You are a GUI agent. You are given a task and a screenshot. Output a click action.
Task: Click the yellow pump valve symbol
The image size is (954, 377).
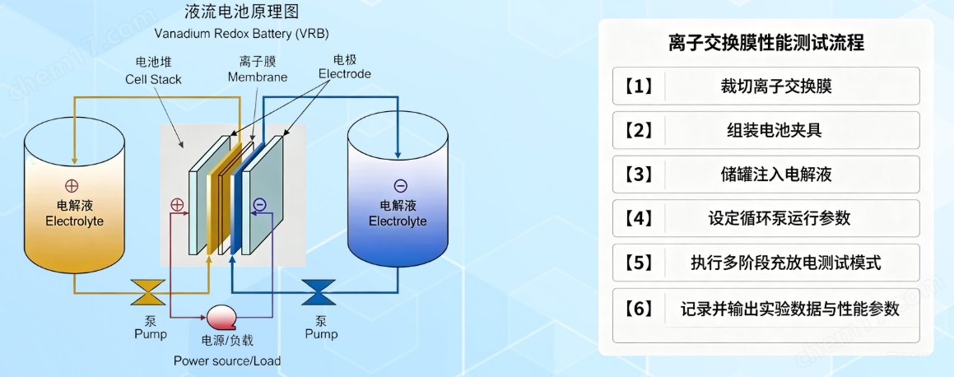pos(148,292)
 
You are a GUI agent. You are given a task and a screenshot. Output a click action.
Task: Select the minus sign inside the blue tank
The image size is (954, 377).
pos(400,186)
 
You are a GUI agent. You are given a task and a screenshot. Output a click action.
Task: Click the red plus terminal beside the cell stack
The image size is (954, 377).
pos(177,205)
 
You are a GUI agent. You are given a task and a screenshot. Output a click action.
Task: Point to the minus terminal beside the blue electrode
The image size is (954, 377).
pos(259,205)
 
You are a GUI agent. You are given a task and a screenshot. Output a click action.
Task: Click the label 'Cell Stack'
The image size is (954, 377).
pos(153,80)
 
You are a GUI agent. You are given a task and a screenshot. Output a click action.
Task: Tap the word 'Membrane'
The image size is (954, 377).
pos(258,77)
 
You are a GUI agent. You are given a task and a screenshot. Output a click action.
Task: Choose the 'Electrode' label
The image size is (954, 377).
pos(345,74)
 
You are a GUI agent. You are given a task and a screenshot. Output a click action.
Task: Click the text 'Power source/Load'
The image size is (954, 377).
pos(227,361)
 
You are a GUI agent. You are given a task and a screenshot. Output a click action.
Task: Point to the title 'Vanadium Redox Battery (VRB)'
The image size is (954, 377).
pos(241,32)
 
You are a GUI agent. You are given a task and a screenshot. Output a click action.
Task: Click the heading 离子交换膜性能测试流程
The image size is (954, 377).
pos(766,44)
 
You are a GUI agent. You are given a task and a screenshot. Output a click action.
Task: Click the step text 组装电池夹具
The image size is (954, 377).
pos(775,131)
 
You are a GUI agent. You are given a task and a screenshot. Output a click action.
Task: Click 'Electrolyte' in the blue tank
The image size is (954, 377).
pos(398,220)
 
